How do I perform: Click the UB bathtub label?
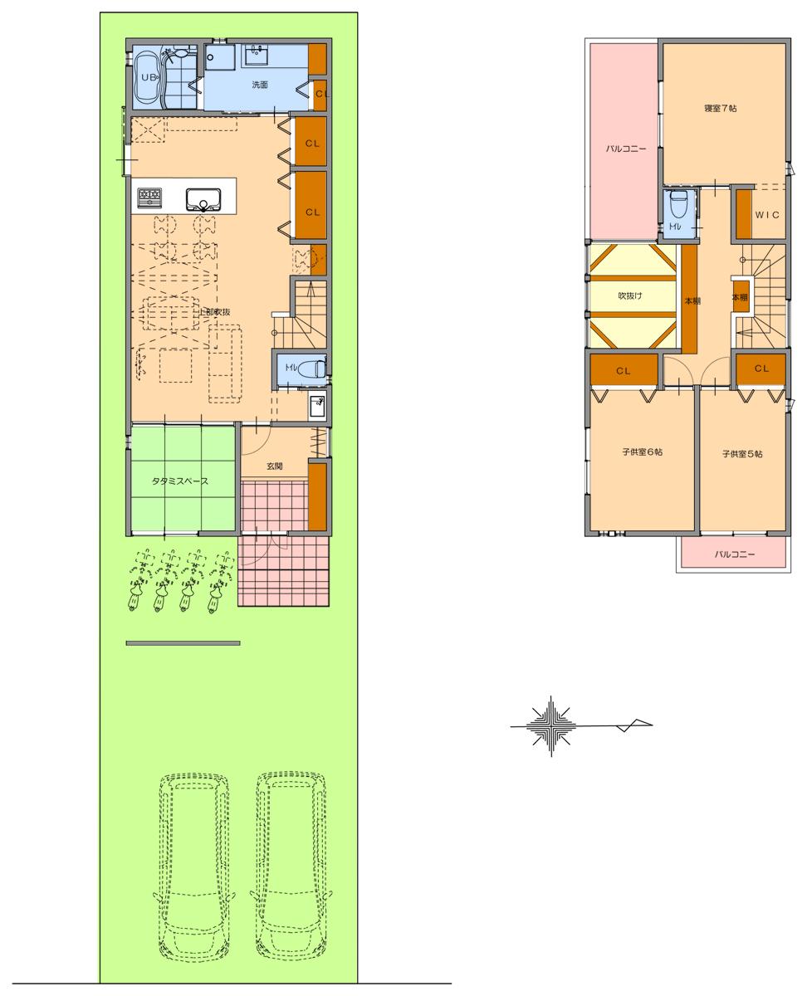pyautogui.click(x=149, y=77)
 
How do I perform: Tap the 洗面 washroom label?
pyautogui.click(x=260, y=85)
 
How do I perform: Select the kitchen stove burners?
pyautogui.click(x=150, y=198)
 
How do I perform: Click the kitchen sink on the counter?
pyautogui.click(x=203, y=198)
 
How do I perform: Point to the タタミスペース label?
pyautogui.click(x=179, y=481)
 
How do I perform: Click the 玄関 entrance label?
pyautogui.click(x=275, y=466)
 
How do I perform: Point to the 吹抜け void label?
pyautogui.click(x=630, y=295)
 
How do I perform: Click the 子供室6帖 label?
pyautogui.click(x=642, y=453)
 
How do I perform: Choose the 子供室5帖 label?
pyautogui.click(x=741, y=454)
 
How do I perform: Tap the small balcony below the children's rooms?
pyautogui.click(x=734, y=554)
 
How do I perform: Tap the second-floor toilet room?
pyautogui.click(x=677, y=212)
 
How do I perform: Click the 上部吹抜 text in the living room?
pyautogui.click(x=213, y=311)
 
